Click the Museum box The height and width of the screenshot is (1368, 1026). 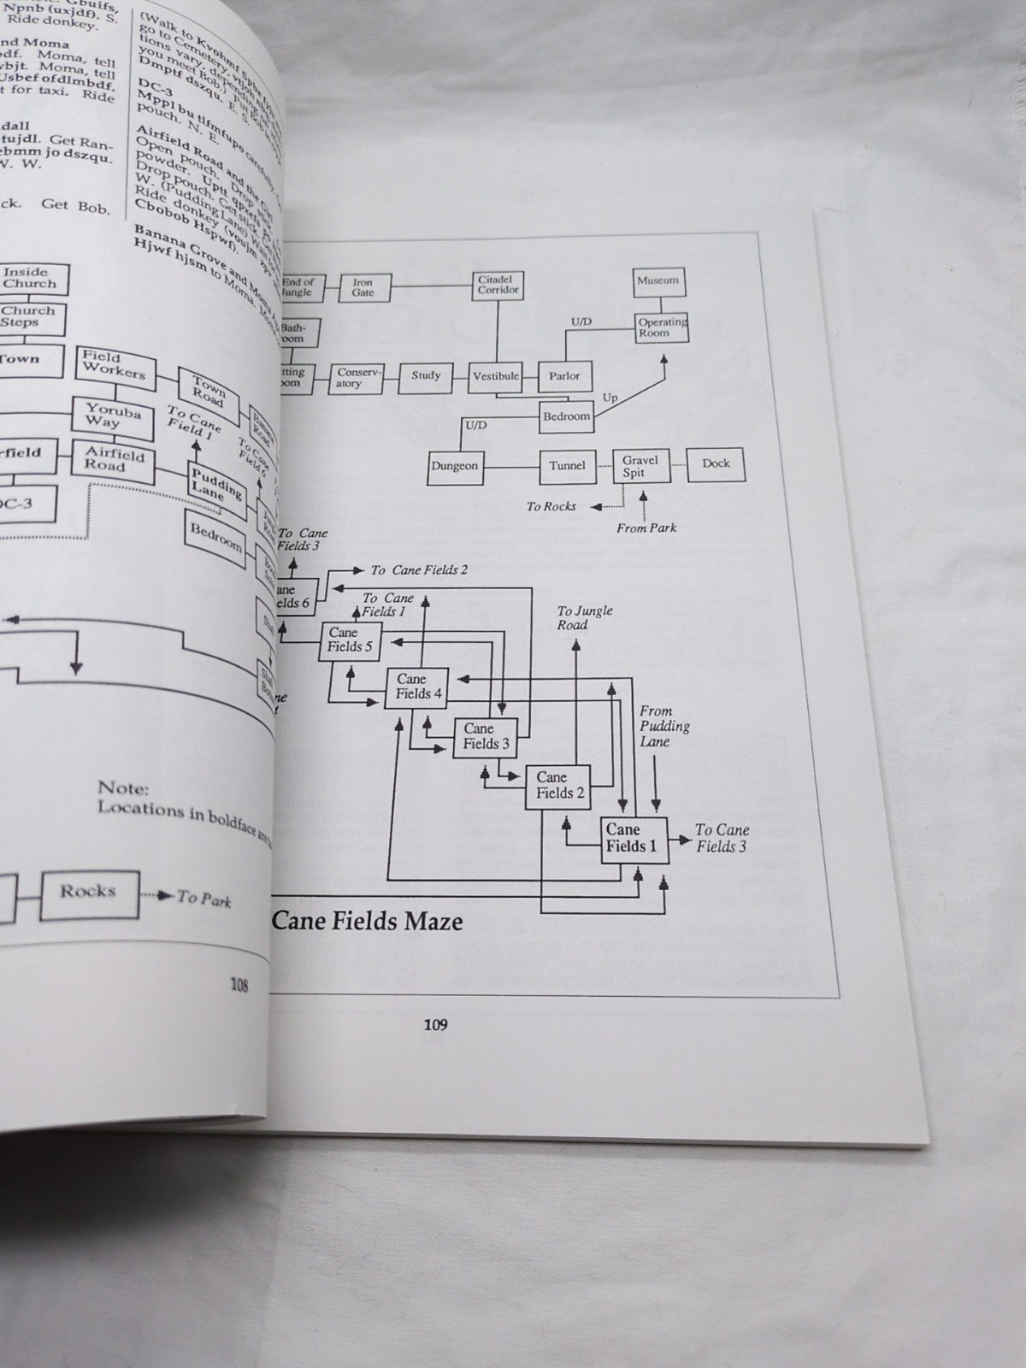click(x=657, y=280)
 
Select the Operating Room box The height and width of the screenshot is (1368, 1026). click(x=661, y=327)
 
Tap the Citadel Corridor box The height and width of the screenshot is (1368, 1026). click(x=498, y=285)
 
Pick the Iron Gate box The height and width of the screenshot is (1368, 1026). click(x=363, y=286)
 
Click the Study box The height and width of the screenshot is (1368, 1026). click(x=426, y=376)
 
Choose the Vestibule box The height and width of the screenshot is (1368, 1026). click(x=496, y=376)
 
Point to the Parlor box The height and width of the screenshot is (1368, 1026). click(x=564, y=376)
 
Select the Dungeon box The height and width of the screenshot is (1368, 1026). click(x=455, y=467)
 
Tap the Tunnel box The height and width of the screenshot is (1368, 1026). click(x=568, y=466)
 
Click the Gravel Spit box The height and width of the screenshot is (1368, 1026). click(x=640, y=467)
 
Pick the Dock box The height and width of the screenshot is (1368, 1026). click(x=716, y=464)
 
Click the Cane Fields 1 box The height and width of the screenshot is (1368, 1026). click(x=633, y=838)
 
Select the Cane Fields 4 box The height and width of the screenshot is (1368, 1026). click(x=418, y=687)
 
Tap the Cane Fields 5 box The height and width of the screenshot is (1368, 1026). click(x=351, y=640)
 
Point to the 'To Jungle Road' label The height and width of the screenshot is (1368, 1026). click(x=585, y=617)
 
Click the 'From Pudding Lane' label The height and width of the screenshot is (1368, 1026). click(x=663, y=726)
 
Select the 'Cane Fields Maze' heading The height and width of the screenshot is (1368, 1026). click(x=368, y=922)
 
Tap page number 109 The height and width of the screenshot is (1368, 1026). click(x=435, y=1024)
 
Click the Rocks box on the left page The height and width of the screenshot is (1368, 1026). click(x=89, y=893)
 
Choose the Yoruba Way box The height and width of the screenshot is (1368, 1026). click(x=112, y=416)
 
